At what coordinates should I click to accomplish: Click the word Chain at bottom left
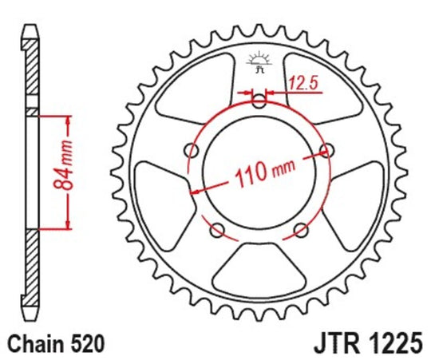[39, 345]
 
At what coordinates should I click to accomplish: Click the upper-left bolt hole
[190, 149]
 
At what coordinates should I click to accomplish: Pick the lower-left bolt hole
[215, 230]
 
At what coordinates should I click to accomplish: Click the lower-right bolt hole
[300, 230]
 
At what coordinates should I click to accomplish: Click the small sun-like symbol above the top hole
[258, 61]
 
